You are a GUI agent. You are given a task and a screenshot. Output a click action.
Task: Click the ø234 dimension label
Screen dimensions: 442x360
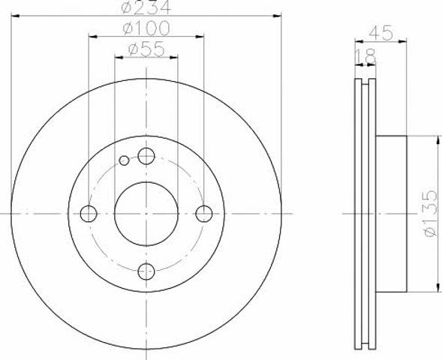pyautogui.click(x=146, y=7)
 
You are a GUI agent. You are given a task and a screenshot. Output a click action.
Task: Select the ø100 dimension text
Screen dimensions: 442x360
pyautogui.click(x=146, y=28)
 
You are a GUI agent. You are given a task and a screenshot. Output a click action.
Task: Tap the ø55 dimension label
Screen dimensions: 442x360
pyautogui.click(x=146, y=49)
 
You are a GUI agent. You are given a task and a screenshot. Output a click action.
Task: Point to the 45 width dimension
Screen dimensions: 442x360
pyautogui.click(x=380, y=32)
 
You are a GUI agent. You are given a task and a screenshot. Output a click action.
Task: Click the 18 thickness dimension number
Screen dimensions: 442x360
pyautogui.click(x=365, y=56)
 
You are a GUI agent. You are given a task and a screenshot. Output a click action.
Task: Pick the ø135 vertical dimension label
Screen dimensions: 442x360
pyautogui.click(x=430, y=213)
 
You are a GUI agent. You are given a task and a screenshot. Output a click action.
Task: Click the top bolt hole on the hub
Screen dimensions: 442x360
pyautogui.click(x=146, y=156)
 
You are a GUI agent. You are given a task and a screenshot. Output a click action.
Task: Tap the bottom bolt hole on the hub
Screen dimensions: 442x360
pyautogui.click(x=146, y=271)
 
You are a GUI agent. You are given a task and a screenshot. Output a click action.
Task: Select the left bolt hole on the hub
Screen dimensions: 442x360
pyautogui.click(x=89, y=214)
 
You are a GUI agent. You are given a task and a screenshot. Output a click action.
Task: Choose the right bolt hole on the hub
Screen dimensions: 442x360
pyautogui.click(x=204, y=214)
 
